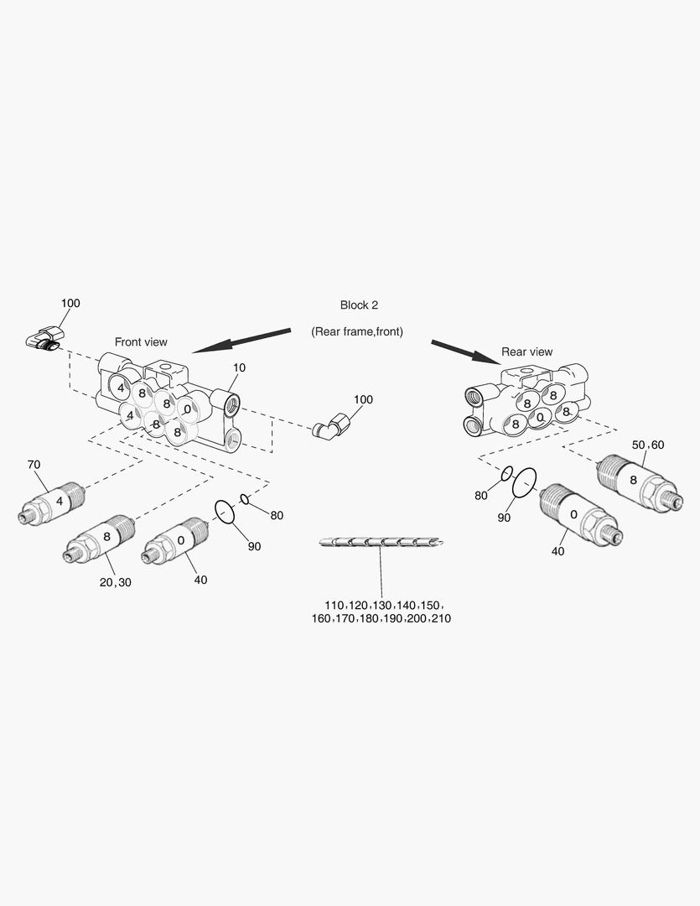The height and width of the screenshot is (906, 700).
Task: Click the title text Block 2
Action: (358, 305)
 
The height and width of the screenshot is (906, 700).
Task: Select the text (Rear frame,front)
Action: (357, 331)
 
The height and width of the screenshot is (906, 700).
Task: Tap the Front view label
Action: (141, 341)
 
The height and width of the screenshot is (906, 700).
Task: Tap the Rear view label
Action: (526, 351)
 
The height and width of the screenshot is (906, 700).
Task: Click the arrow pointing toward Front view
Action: (241, 340)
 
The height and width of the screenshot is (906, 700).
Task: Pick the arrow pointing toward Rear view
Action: (465, 351)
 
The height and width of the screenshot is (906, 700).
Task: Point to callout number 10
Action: (240, 367)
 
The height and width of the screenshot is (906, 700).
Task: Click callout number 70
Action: (34, 464)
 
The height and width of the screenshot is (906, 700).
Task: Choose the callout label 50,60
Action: (646, 444)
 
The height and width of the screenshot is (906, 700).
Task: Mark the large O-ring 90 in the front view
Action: (225, 511)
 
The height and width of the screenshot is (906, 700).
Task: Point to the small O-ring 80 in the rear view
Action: (506, 475)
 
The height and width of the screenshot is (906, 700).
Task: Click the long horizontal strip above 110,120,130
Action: (381, 542)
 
